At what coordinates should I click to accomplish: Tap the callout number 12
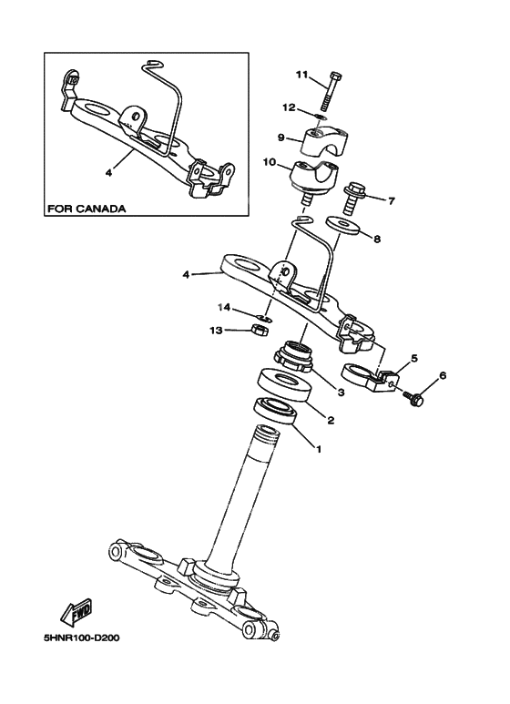(290, 107)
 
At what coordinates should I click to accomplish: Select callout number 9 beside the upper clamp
(282, 138)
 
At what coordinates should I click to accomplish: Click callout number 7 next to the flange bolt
(392, 200)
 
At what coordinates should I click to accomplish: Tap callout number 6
(443, 375)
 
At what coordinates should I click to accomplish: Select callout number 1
(318, 448)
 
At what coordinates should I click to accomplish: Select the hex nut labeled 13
(258, 329)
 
